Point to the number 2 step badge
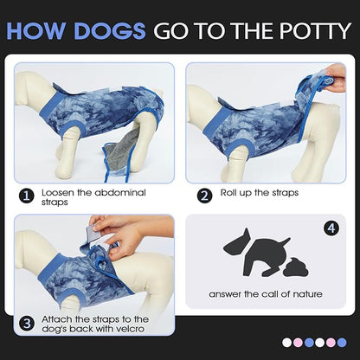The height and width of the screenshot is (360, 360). (x=205, y=196)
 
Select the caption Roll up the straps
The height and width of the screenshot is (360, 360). (x=260, y=192)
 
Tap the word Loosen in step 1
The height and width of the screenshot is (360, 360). (x=59, y=192)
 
